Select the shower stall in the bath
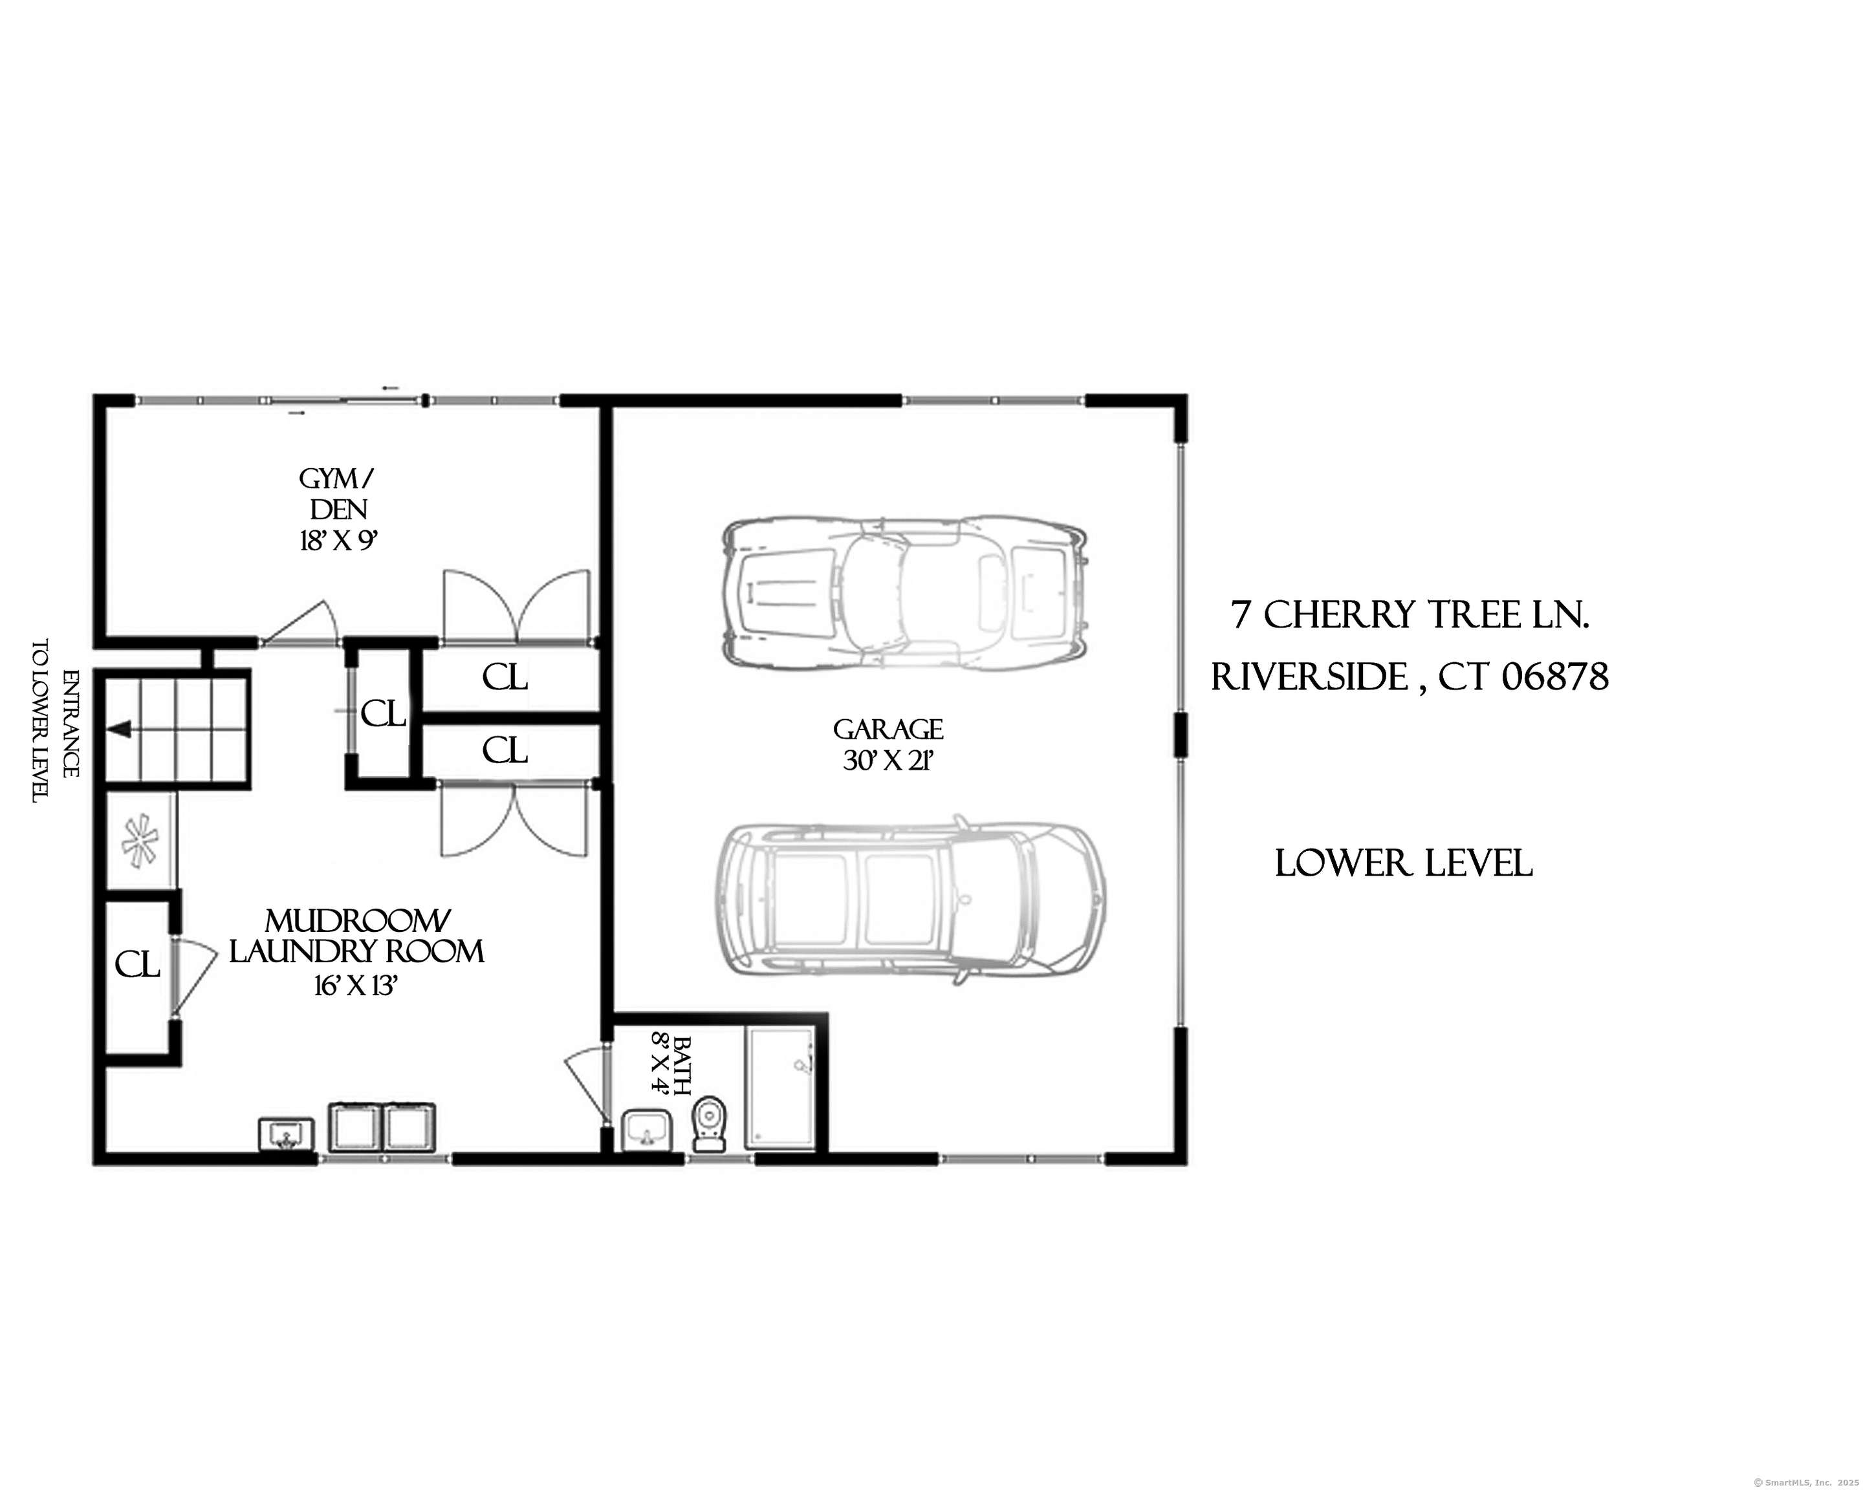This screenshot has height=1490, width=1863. [780, 1088]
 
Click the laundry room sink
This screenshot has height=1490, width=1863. [286, 1134]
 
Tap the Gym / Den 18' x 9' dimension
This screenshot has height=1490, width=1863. [339, 541]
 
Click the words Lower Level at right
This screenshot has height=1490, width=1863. [1403, 864]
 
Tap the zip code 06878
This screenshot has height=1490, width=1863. [1555, 677]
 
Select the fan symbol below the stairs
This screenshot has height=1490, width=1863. [140, 841]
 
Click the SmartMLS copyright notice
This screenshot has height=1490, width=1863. [1804, 1482]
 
